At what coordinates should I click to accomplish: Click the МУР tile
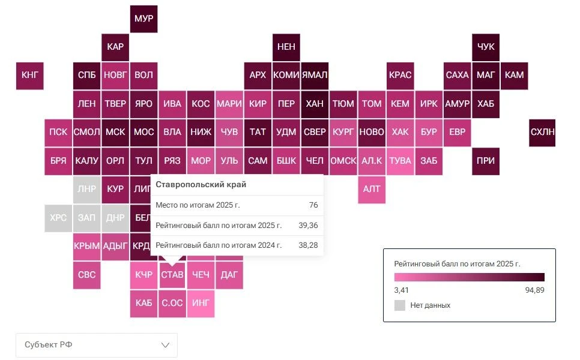tap(143, 19)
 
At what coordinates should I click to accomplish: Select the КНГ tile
tap(29, 76)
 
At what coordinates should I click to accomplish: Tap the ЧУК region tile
tap(485, 47)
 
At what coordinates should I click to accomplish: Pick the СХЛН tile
tap(542, 133)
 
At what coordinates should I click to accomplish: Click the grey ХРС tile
tap(58, 218)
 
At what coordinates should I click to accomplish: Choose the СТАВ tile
tap(172, 275)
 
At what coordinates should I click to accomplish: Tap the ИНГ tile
tap(201, 304)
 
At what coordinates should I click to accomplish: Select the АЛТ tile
tap(372, 190)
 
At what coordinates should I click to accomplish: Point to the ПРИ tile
tap(485, 161)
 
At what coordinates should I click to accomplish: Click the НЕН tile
tap(286, 47)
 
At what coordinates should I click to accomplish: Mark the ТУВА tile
tap(400, 161)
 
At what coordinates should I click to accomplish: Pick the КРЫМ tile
tap(86, 247)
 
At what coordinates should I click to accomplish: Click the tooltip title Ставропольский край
tap(201, 184)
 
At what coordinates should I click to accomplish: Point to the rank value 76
tap(313, 205)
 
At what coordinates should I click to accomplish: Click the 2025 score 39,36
tap(308, 225)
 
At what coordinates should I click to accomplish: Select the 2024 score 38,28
tap(308, 245)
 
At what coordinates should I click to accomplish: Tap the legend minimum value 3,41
tap(401, 290)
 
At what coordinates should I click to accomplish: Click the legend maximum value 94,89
tap(534, 290)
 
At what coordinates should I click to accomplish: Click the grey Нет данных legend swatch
tap(399, 305)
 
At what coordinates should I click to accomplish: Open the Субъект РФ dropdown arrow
tap(165, 345)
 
